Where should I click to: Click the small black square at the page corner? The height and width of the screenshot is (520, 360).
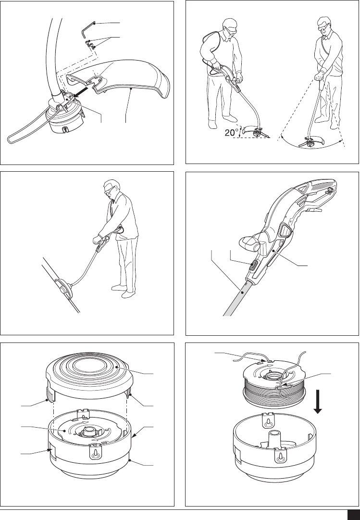pos(353,514)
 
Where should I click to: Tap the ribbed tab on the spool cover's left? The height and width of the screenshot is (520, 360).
pos(50,394)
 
